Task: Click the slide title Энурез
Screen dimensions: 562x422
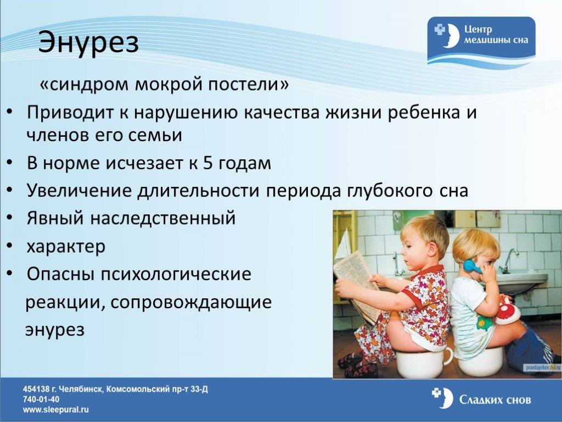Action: pyautogui.click(x=88, y=43)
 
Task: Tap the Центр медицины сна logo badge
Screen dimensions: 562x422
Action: pyautogui.click(x=481, y=40)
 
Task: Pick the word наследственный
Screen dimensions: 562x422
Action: pyautogui.click(x=162, y=218)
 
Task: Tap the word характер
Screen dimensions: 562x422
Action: pyautogui.click(x=66, y=246)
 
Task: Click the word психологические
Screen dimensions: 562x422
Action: pyautogui.click(x=176, y=274)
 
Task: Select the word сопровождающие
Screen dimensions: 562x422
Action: pyautogui.click(x=190, y=302)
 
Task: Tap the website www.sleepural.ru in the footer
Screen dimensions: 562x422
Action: pyautogui.click(x=56, y=409)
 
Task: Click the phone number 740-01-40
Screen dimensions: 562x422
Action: pyautogui.click(x=41, y=399)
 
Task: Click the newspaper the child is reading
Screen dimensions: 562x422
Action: pyautogui.click(x=357, y=284)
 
